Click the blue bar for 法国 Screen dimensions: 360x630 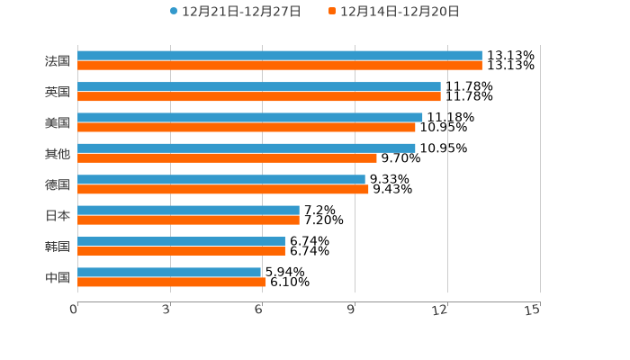coord(280,56)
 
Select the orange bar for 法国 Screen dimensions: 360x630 coord(280,66)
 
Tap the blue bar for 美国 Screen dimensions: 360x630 coord(250,117)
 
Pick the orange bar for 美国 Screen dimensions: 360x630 coord(247,127)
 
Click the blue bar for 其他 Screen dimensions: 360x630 coord(247,148)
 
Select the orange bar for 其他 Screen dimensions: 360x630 coord(227,157)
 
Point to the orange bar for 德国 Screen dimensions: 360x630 coord(223,189)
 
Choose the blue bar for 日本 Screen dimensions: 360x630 coord(188,210)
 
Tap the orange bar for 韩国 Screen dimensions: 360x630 coord(181,251)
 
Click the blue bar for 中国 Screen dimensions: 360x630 coord(169,272)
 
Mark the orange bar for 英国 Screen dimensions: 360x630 coord(259,96)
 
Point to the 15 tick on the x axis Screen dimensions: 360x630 coord(533,310)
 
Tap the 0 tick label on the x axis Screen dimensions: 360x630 coord(74,310)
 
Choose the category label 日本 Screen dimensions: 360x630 coord(58,215)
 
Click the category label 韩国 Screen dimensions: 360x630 coord(58,247)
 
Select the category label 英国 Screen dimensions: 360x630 coord(58,92)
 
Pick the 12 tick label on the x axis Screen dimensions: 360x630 coord(440,310)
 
